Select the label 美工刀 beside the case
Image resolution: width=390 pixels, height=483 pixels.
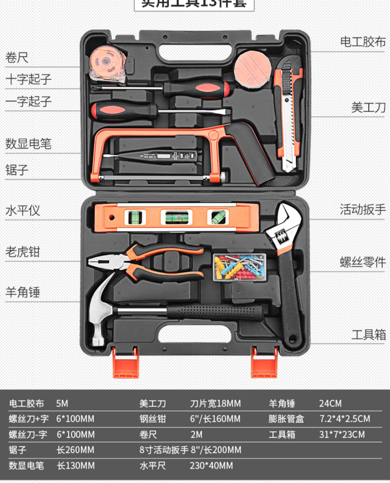click(x=368, y=107)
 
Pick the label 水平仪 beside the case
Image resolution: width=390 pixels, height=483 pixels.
click(x=23, y=210)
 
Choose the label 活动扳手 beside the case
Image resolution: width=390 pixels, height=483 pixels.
click(x=362, y=209)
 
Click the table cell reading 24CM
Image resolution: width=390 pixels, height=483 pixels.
click(x=330, y=403)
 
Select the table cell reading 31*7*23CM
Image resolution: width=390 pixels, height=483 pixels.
click(x=342, y=434)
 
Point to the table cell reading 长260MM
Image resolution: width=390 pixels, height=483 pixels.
click(x=75, y=450)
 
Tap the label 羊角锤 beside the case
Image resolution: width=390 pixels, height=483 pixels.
click(x=23, y=292)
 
